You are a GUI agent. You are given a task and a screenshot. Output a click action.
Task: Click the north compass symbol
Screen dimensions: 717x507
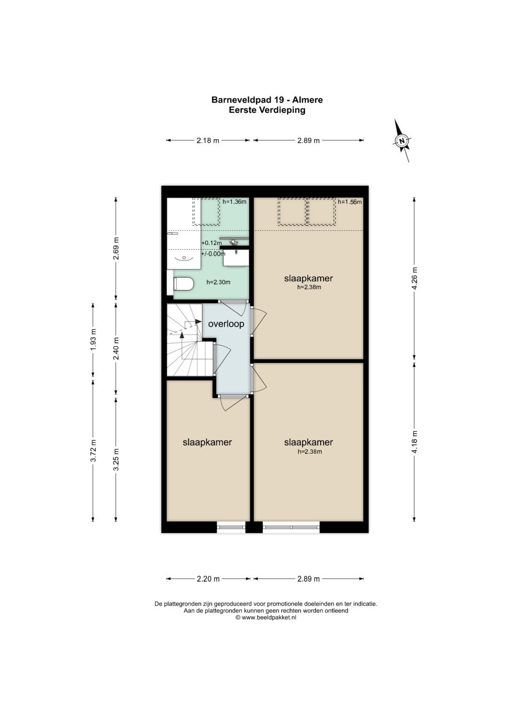pos(402,140)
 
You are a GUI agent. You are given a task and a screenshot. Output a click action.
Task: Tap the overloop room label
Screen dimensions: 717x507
pos(226,324)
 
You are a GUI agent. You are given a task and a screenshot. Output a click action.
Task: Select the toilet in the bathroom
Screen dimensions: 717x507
pos(184,284)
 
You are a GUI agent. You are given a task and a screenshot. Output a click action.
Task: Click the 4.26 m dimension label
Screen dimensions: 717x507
pos(415,278)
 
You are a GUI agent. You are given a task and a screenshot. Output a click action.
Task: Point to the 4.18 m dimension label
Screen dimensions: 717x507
pos(415,442)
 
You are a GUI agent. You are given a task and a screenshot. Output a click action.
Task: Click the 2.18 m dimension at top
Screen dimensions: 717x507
pos(207,140)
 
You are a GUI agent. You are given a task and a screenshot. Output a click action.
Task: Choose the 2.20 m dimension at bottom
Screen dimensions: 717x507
pos(208,579)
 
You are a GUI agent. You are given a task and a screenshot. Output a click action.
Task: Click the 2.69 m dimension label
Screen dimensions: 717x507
pos(116,248)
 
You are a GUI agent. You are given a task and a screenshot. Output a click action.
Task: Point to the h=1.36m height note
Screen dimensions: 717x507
pos(234,202)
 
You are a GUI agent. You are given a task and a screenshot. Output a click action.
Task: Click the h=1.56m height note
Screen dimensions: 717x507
pos(350,202)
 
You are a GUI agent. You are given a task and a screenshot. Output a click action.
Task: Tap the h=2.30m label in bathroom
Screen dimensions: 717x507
pos(218,282)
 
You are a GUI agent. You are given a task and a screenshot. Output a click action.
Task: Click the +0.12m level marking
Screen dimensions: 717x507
pos(211,243)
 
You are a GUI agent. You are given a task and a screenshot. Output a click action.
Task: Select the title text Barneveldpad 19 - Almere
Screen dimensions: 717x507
pos(267,100)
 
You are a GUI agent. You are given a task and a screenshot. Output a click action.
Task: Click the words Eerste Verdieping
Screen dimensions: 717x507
pos(267,110)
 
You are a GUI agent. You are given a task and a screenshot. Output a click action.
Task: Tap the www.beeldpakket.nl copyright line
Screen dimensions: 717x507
pos(266,617)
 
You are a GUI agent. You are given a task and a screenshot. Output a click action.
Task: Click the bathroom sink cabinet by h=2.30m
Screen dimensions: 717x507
pos(236,258)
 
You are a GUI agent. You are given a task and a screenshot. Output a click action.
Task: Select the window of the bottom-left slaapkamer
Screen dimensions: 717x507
pos(231,527)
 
